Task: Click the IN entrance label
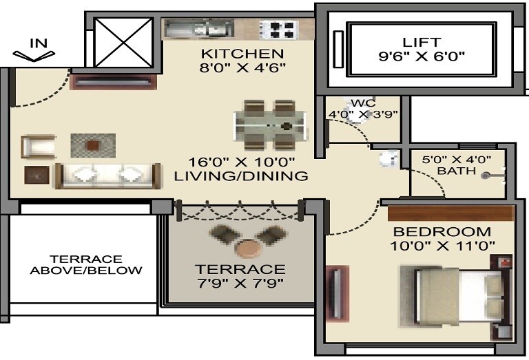[x=39, y=43]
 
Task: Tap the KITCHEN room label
[x=242, y=54]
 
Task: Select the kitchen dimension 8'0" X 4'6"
[x=242, y=67]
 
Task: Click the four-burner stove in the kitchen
[x=278, y=29]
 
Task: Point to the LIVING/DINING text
[x=241, y=176]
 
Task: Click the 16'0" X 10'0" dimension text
[x=242, y=162]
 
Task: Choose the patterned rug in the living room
[x=93, y=145]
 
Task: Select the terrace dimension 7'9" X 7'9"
[x=239, y=282]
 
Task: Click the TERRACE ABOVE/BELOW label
[x=86, y=264]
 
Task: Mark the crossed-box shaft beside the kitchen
[x=123, y=41]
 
